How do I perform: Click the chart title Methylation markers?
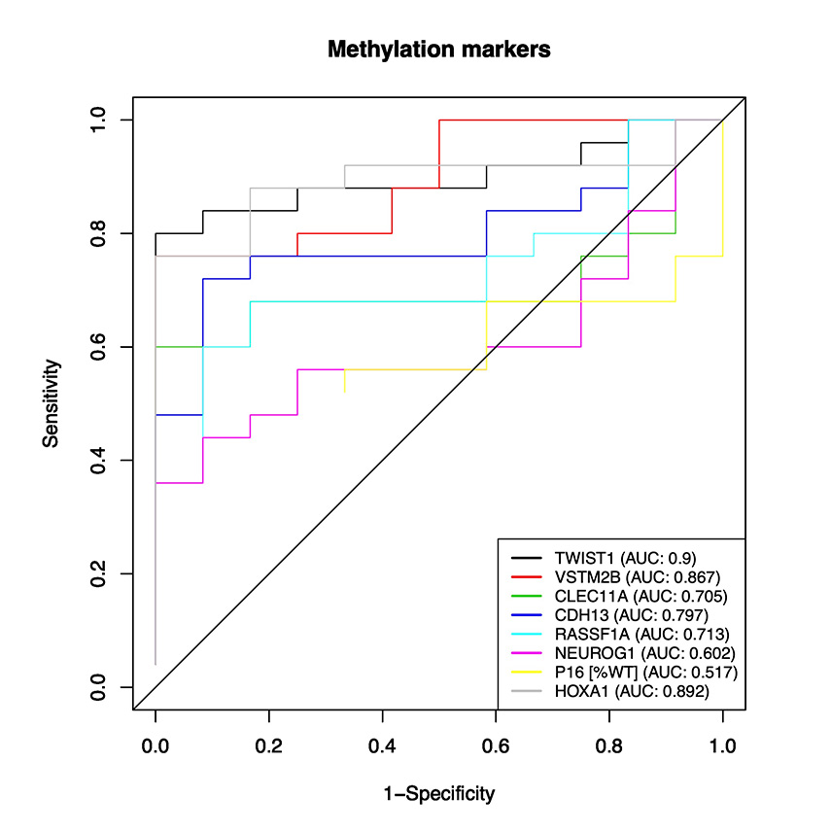[438, 49]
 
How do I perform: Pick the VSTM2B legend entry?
[622, 577]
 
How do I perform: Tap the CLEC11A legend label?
[626, 596]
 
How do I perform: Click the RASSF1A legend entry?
[626, 635]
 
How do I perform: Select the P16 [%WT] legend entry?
[632, 673]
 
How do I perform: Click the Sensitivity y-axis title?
[52, 403]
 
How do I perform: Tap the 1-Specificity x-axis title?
[438, 794]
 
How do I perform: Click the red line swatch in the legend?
[527, 577]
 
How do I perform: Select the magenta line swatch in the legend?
[527, 653]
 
